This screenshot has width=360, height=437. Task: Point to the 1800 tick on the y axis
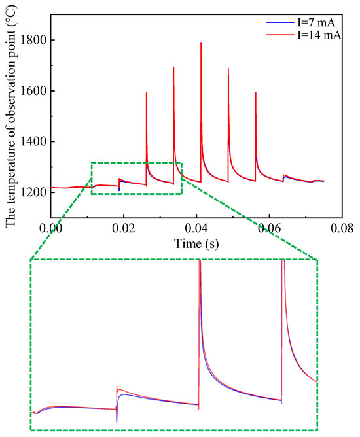tap(34, 41)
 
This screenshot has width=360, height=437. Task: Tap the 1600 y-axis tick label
tap(34, 91)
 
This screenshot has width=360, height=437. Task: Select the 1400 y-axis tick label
tap(34, 142)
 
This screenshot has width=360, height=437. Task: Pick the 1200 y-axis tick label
tap(34, 192)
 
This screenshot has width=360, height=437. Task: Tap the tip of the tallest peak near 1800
tap(201, 43)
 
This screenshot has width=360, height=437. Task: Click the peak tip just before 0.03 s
tap(147, 92)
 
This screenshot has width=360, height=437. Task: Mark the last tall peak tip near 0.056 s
tap(256, 93)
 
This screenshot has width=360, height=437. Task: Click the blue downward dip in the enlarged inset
tap(117, 421)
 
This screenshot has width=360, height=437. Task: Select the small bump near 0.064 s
tap(285, 175)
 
